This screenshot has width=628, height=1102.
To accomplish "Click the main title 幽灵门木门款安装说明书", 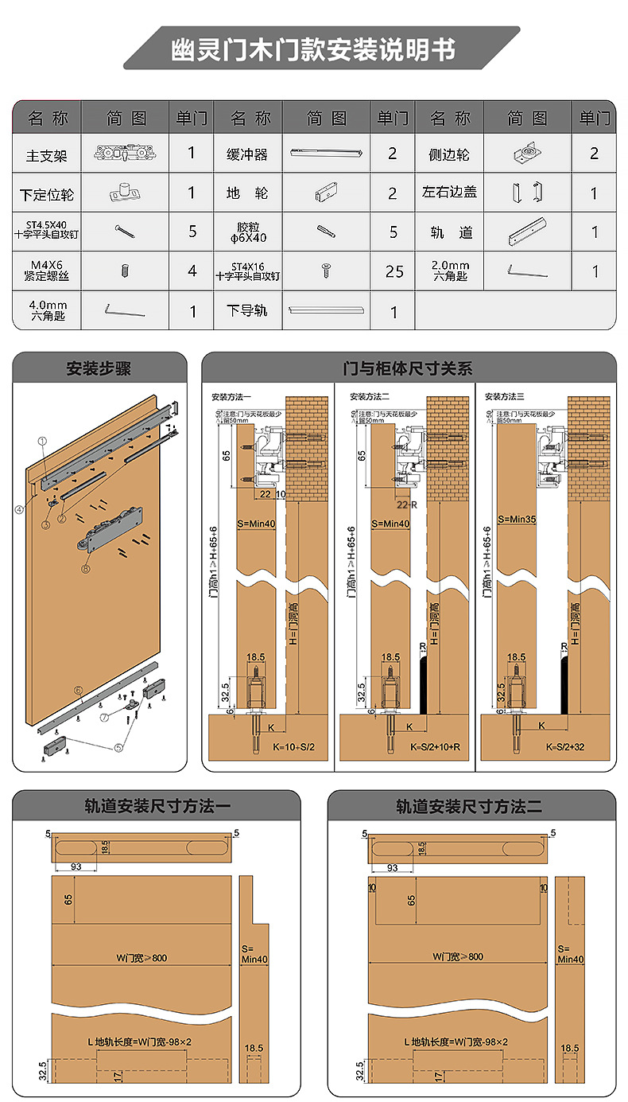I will [x=314, y=49].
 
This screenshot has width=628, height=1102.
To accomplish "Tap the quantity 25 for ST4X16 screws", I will [x=393, y=271].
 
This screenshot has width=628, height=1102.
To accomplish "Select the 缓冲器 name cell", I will [x=247, y=154].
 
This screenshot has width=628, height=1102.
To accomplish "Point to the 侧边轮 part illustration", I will [x=525, y=154].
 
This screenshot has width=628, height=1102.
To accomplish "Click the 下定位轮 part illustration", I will [x=124, y=192].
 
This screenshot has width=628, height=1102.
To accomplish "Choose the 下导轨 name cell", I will [x=247, y=310].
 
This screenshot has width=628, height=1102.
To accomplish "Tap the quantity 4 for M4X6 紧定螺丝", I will [x=192, y=271].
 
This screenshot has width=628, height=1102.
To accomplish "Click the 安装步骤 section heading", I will [x=99, y=369].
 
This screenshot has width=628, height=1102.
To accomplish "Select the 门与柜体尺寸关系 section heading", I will [x=408, y=369].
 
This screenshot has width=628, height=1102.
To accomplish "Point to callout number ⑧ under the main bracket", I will [x=86, y=569].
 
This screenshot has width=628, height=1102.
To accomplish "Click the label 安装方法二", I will [x=372, y=396].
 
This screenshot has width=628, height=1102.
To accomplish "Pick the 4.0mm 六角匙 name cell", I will [x=47, y=310].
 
